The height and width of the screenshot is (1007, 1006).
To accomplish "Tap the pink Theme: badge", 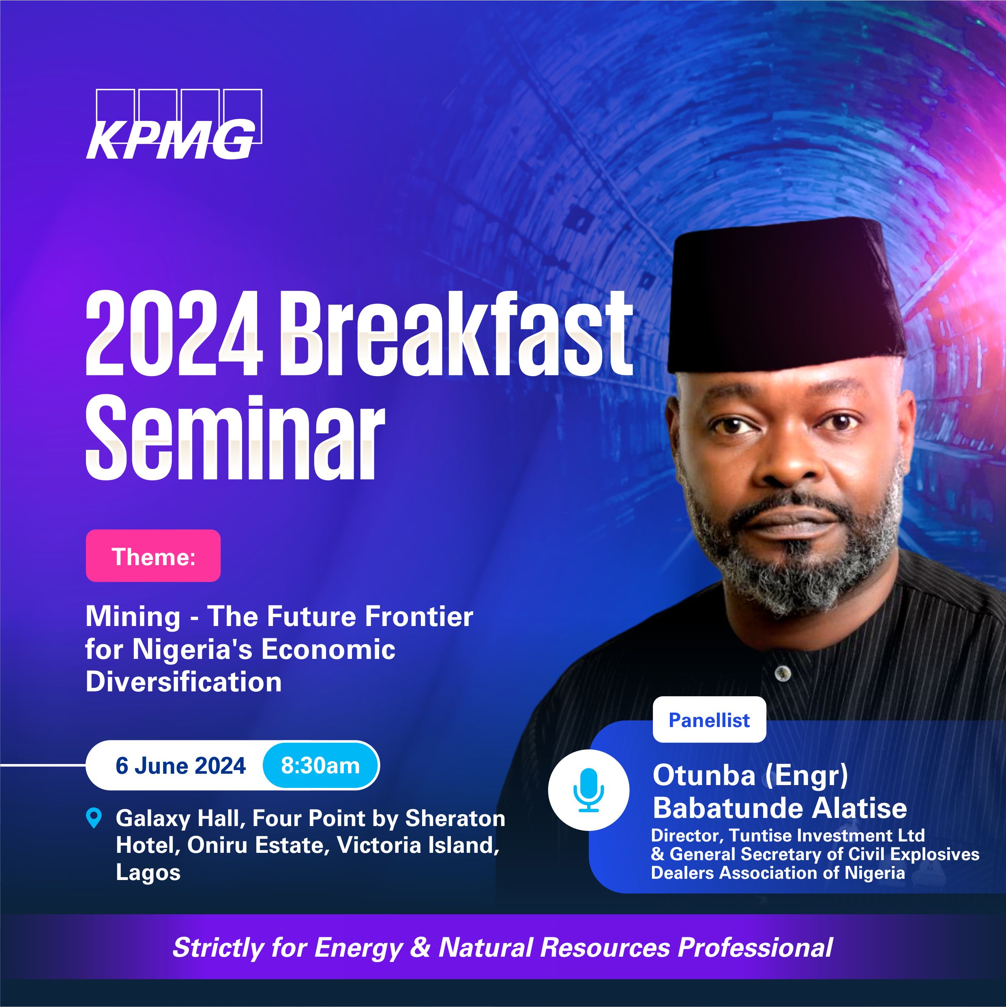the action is tap(153, 555).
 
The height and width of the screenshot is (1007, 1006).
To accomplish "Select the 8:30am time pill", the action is tap(320, 766).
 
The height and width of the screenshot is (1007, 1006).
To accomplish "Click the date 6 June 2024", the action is tap(180, 766).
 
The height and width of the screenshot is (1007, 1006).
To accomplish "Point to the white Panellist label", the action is tap(709, 720).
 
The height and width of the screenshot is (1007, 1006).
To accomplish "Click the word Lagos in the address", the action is tap(148, 872).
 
